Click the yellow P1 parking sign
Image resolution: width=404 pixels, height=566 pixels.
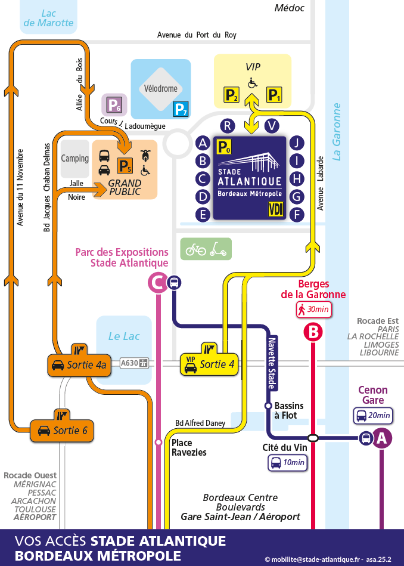coord(274,95)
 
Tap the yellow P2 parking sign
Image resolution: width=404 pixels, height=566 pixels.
coord(231,95)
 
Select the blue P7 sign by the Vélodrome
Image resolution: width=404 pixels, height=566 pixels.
coord(181,109)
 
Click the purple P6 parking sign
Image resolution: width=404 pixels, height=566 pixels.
coord(114,106)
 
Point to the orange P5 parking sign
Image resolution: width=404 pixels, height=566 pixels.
coord(124,165)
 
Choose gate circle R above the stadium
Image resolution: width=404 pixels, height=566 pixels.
coord(227,125)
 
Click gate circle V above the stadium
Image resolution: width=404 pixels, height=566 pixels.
coord(272,125)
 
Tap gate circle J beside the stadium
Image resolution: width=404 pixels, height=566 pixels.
coord(296,143)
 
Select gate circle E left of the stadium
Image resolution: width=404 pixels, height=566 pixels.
coord(203,215)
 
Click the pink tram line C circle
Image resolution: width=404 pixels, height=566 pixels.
coord(157,283)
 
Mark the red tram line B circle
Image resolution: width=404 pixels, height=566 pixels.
coord(313,332)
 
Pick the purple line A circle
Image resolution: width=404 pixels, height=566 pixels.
coord(382,438)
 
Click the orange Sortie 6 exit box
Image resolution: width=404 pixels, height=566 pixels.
coord(62,430)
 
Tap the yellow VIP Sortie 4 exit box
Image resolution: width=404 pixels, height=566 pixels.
coord(209,364)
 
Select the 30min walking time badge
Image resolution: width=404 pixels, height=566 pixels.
coord(313,310)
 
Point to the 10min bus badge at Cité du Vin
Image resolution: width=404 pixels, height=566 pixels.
coord(287,462)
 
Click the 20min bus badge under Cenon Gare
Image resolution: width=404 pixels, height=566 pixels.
coord(373,416)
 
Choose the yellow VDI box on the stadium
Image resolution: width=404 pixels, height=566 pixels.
coord(276,209)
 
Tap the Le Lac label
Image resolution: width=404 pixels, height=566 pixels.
coord(124,336)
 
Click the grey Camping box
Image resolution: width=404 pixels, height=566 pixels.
coord(74,159)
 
